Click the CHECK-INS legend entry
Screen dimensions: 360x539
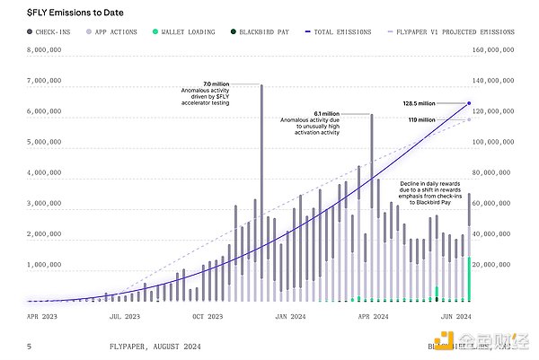pos(51,31)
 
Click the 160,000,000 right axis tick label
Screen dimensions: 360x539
pos(493,51)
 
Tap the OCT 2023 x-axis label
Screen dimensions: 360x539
pos(207,316)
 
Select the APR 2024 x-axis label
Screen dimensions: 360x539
pos(373,316)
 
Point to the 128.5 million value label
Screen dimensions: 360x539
pos(420,103)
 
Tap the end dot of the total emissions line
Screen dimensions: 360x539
pos(469,103)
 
